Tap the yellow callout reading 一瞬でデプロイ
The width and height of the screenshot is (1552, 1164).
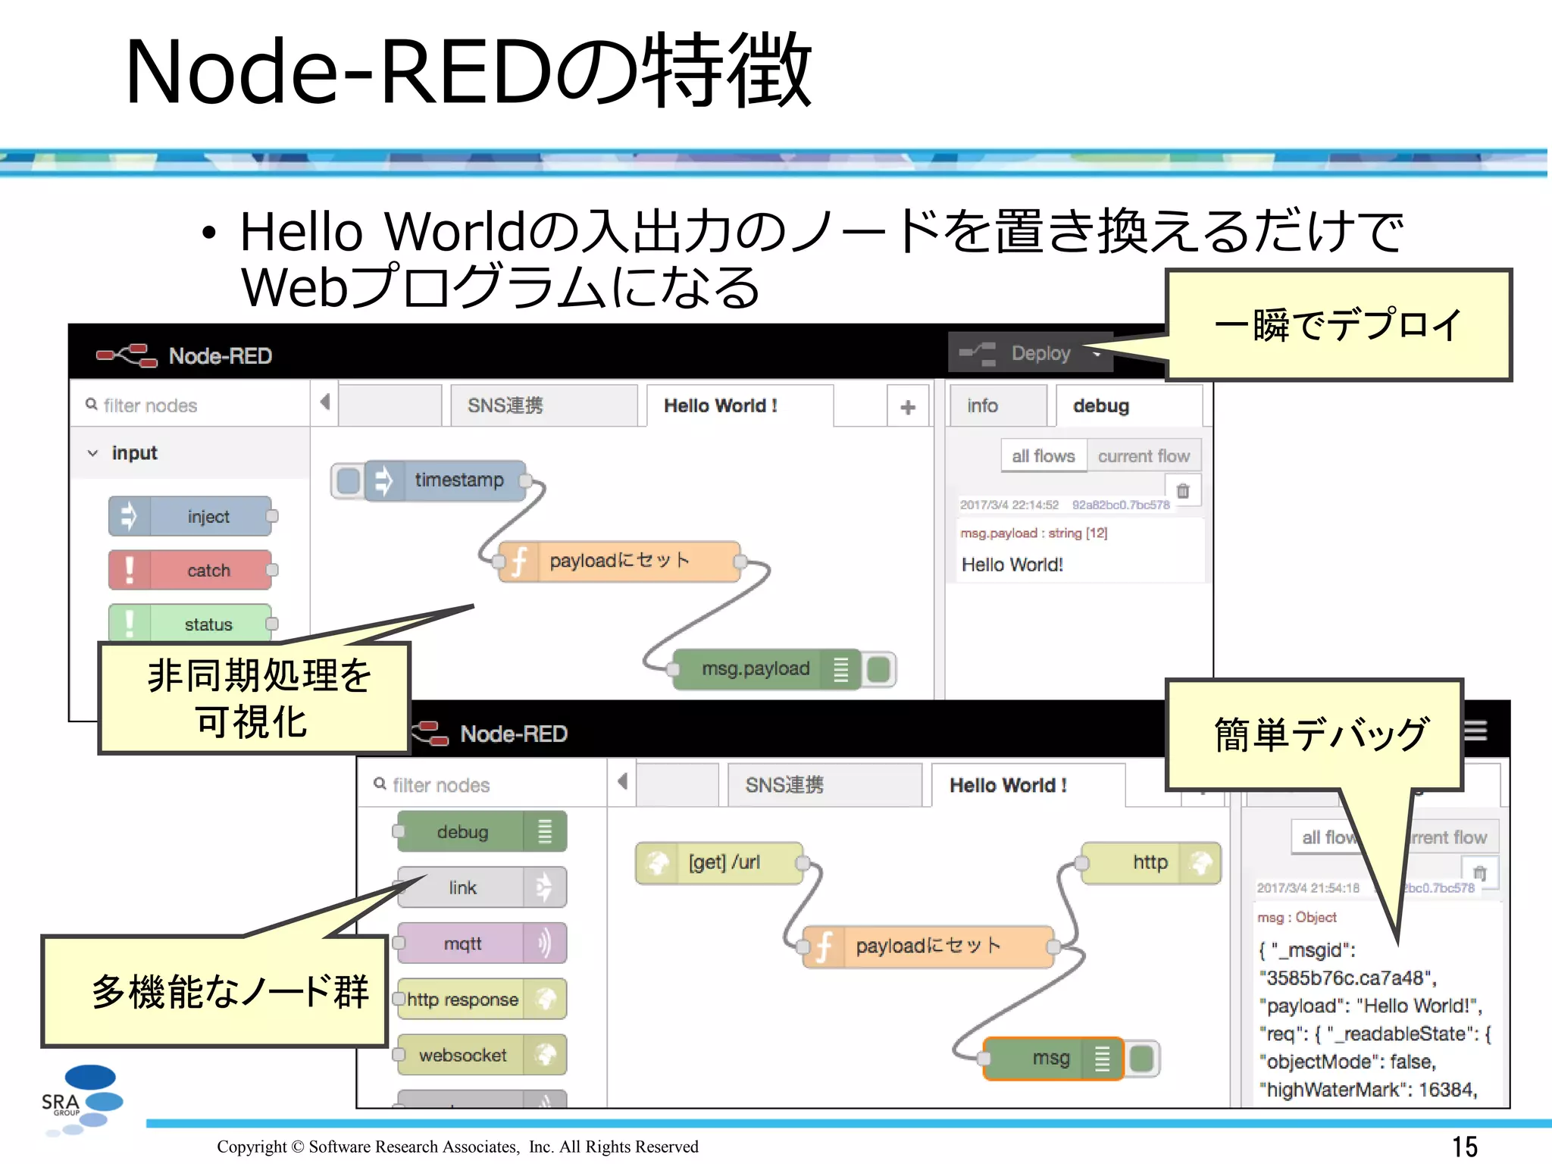pyautogui.click(x=1338, y=325)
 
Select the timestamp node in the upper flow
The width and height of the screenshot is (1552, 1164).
pyautogui.click(x=447, y=480)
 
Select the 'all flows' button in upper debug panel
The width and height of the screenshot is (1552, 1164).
pyautogui.click(x=1043, y=456)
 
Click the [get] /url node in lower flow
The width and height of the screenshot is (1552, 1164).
pyautogui.click(x=719, y=862)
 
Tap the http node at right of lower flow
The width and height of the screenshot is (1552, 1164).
pyautogui.click(x=1150, y=862)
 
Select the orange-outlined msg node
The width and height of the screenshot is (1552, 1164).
pyautogui.click(x=1053, y=1058)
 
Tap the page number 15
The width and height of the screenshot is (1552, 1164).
pyautogui.click(x=1464, y=1146)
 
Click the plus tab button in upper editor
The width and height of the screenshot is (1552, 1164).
pyautogui.click(x=907, y=407)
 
